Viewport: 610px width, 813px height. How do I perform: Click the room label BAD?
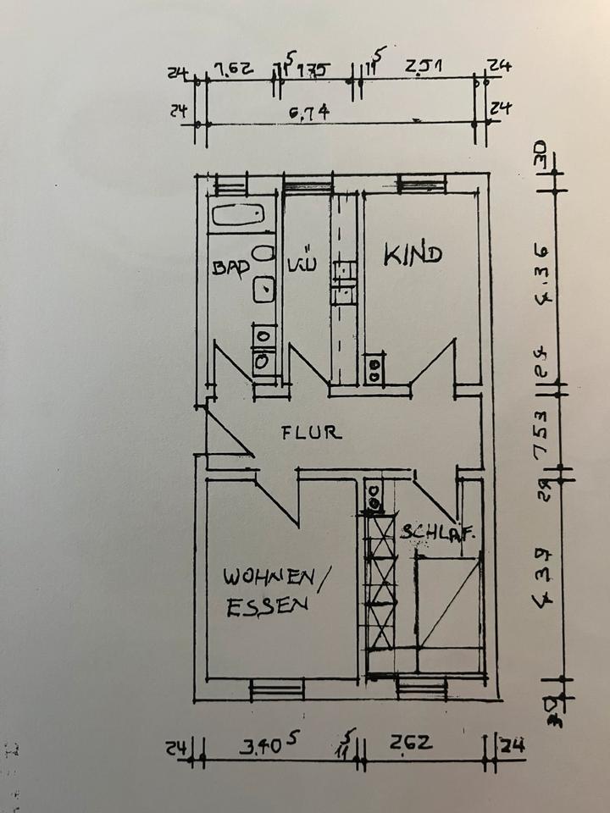pyautogui.click(x=230, y=268)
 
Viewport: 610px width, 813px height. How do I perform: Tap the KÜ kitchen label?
pyautogui.click(x=301, y=264)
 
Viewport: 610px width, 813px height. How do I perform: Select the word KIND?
pyautogui.click(x=413, y=254)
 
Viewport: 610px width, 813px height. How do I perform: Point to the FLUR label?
pyautogui.click(x=312, y=433)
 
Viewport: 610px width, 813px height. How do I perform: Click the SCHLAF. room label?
pyautogui.click(x=437, y=533)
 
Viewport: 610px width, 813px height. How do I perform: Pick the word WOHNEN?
pyautogui.click(x=267, y=578)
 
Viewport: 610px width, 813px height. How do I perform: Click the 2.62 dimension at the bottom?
pyautogui.click(x=413, y=744)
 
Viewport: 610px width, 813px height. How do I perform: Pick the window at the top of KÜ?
pyautogui.click(x=308, y=181)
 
